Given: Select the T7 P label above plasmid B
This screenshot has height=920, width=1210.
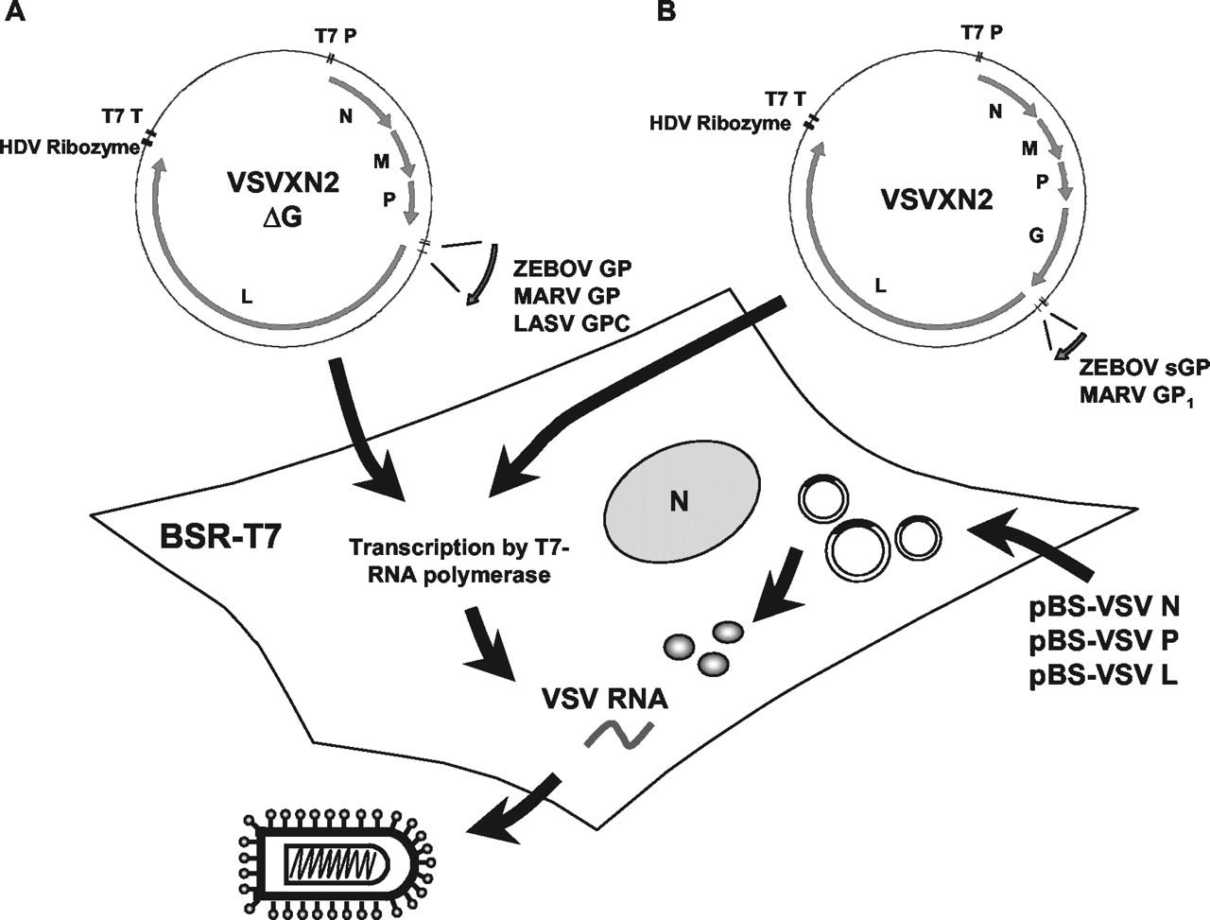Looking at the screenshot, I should click(982, 32).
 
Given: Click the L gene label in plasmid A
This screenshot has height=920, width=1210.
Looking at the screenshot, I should click(247, 297).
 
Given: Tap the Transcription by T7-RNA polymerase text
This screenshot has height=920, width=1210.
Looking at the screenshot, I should click(449, 560).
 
